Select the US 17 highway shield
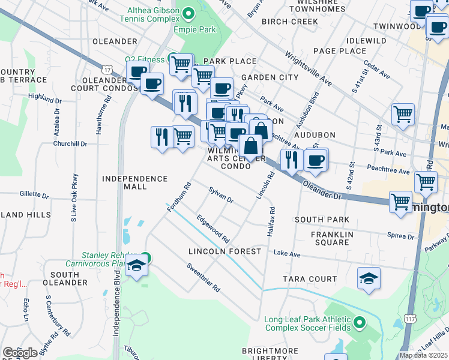[x=106, y=70]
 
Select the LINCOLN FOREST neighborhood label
[x=224, y=251]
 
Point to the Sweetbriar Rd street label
[x=203, y=277]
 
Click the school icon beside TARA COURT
[x=369, y=278]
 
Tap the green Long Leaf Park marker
[x=360, y=323]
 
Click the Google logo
[x=20, y=353]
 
